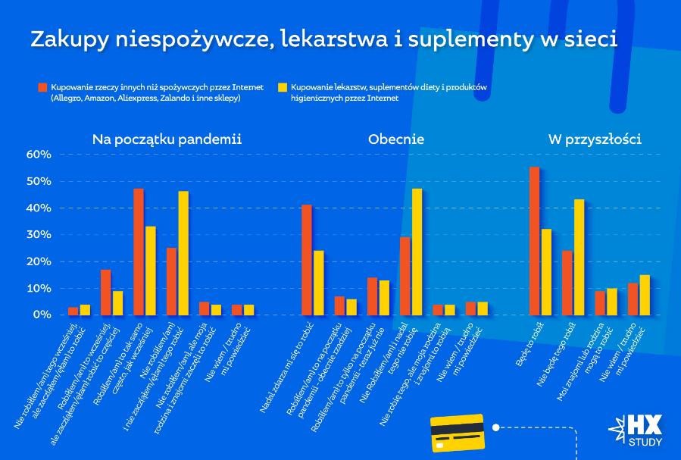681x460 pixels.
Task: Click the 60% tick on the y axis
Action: tap(39, 155)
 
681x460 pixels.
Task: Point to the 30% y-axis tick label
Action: tap(39, 235)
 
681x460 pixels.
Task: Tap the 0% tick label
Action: tap(42, 314)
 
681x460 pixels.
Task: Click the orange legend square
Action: tap(42, 87)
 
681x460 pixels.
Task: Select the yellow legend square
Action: tap(283, 87)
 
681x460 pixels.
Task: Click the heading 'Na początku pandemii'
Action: tap(167, 139)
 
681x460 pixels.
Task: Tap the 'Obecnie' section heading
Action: tap(395, 139)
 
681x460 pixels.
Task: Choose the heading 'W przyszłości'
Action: tap(594, 139)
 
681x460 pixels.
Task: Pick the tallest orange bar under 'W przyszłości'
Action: tap(534, 241)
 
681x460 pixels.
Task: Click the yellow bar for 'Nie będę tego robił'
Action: tap(579, 257)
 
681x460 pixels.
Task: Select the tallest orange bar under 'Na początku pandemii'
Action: tap(139, 252)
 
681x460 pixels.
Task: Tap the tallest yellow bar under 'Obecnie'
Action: tap(417, 252)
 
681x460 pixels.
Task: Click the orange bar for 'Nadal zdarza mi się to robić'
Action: tap(306, 260)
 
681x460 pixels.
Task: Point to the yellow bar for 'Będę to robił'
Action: tap(547, 271)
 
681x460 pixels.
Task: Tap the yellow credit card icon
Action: tap(457, 433)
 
